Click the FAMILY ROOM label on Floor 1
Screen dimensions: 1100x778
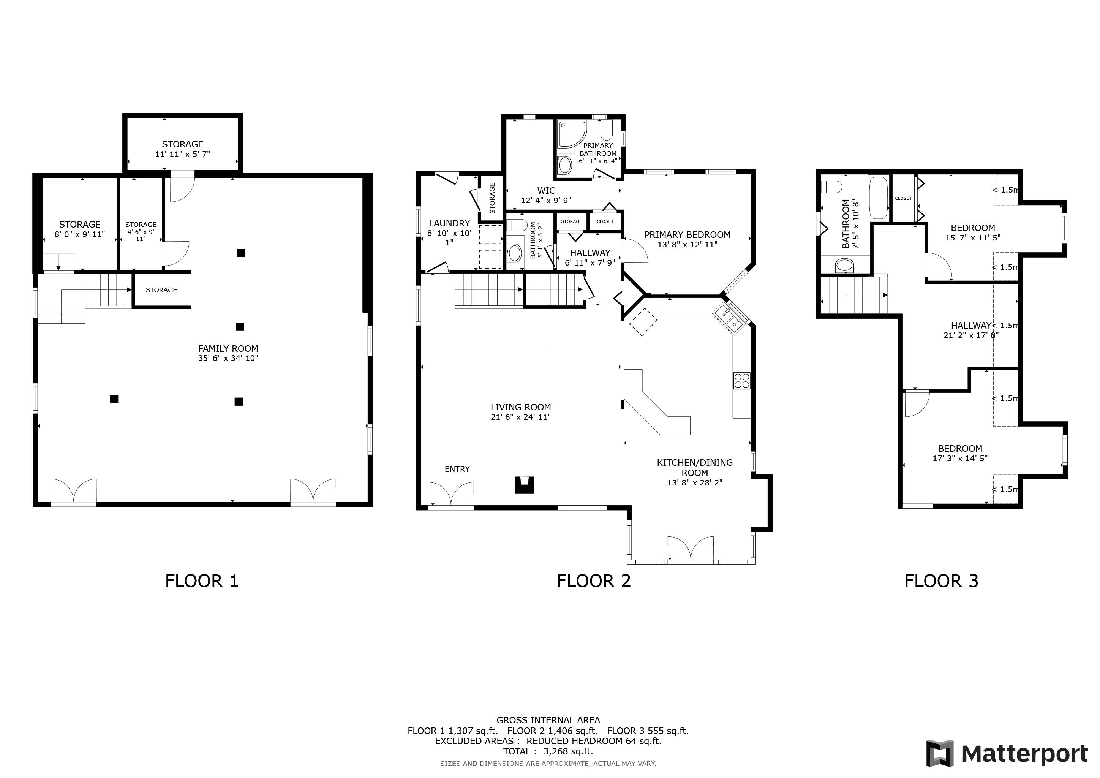[x=228, y=349]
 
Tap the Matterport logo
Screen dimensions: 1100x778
[x=1007, y=754]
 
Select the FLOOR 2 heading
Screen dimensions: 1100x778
[x=594, y=581]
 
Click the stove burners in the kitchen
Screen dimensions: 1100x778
[x=742, y=381]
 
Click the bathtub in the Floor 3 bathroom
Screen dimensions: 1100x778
[x=878, y=198]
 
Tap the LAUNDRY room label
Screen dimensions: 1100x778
[x=449, y=223]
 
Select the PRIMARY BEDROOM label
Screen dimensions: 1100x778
[x=687, y=235]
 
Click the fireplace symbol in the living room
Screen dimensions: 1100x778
[x=524, y=485]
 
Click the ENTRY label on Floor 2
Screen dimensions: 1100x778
[x=457, y=469]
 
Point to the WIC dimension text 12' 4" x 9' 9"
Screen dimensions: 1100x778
[x=546, y=201]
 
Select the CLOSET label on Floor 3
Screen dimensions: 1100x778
[x=903, y=198]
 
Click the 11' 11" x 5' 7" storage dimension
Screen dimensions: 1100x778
[x=183, y=154]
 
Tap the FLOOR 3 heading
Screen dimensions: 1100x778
[x=941, y=581]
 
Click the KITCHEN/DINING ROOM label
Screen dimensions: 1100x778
[x=695, y=468]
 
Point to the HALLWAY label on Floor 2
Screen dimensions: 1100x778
[x=590, y=253]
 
